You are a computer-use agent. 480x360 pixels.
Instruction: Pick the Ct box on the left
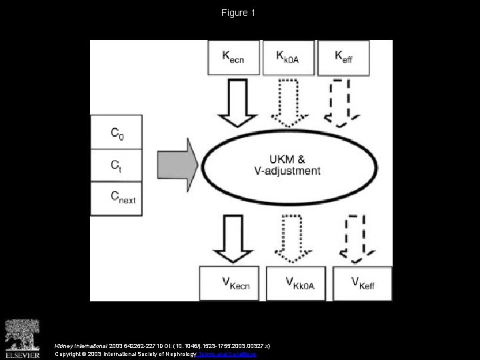click(x=117, y=165)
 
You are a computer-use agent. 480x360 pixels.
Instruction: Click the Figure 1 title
click(x=239, y=13)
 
